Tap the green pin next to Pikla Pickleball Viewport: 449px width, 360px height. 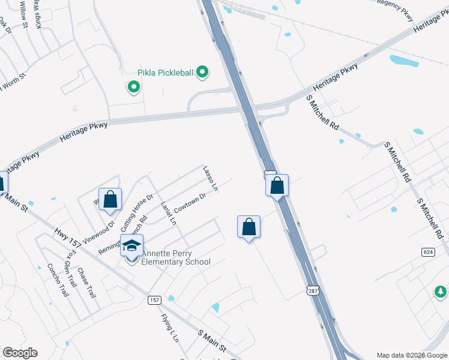coord(203,73)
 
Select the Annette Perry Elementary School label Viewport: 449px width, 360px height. coord(175,257)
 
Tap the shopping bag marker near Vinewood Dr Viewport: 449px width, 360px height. coord(110,200)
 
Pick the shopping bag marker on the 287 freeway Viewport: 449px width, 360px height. coord(277,185)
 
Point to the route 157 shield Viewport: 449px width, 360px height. coord(154,299)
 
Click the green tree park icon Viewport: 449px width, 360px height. coord(441,292)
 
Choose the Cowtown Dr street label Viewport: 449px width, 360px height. coord(190,203)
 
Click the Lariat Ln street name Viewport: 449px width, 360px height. coord(169,213)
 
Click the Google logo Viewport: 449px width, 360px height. coord(20,353)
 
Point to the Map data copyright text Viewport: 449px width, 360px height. coord(412,355)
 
